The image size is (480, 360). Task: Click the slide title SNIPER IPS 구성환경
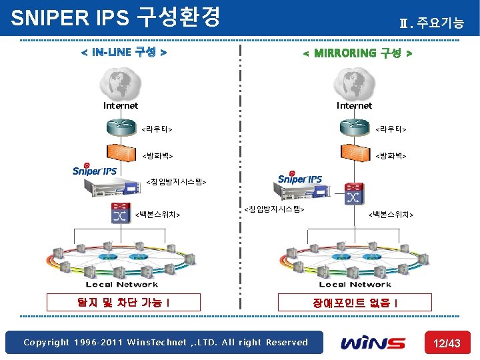(115, 17)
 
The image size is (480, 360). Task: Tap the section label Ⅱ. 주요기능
(431, 23)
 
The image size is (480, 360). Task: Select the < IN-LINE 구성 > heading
(123, 52)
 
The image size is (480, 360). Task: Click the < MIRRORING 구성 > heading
(357, 53)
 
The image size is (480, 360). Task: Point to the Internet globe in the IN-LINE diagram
(120, 83)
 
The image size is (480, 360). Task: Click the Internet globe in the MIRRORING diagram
(354, 83)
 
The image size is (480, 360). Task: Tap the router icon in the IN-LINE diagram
(121, 127)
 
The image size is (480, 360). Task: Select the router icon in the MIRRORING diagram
(354, 127)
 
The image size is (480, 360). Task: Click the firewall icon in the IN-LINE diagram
(121, 154)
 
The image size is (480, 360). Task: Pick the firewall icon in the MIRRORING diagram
(354, 154)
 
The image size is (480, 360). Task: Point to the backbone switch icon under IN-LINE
(121, 213)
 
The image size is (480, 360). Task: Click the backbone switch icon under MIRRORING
(353, 195)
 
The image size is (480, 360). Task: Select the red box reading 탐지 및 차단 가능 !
(113, 303)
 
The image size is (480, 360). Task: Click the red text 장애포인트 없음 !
(356, 303)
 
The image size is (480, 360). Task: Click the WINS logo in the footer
(373, 343)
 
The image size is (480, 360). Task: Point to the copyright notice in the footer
(165, 343)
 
